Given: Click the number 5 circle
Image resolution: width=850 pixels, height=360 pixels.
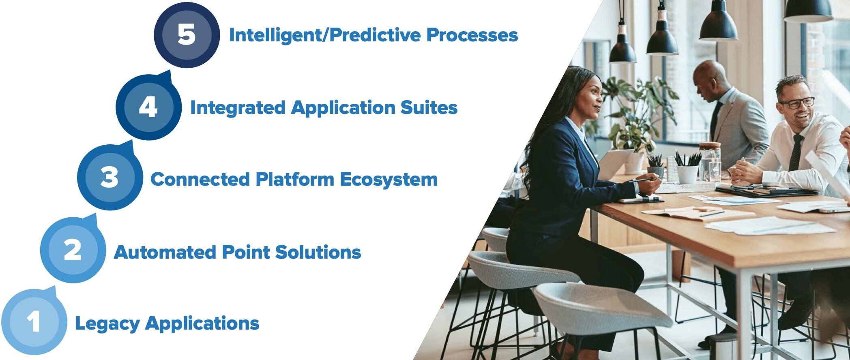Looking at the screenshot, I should point(187,34).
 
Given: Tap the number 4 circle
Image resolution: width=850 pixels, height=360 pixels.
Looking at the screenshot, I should point(148,107).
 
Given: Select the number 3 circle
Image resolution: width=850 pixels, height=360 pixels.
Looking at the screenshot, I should point(110,177).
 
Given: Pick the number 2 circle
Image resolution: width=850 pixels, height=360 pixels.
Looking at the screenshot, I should point(73,250).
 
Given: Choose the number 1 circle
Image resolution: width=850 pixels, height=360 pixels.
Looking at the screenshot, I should point(34,322).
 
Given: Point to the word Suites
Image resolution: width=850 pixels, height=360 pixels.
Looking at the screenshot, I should point(429,107).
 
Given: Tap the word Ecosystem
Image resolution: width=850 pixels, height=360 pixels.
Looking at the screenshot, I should point(389,179).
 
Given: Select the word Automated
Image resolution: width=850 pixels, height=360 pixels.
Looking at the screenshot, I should point(165,252).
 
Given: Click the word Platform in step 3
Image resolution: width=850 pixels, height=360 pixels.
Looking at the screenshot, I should point(295,179).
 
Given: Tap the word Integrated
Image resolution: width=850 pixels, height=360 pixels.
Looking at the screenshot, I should point(238,107).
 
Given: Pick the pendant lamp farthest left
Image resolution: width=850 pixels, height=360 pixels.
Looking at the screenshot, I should point(622,49).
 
